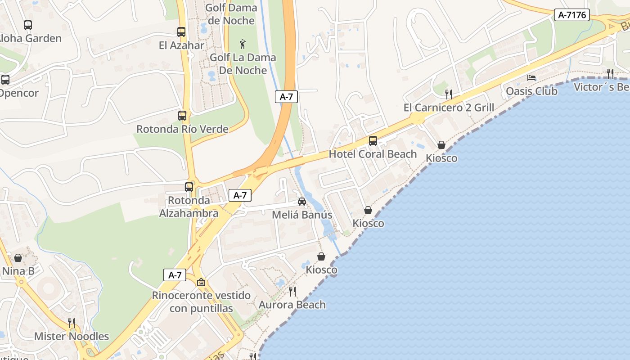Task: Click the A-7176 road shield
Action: click(x=571, y=15)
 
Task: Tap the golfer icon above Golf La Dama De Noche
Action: click(x=243, y=44)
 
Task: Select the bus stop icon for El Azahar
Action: click(x=181, y=32)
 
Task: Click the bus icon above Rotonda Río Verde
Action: click(x=182, y=116)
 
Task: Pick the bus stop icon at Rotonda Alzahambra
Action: click(x=189, y=187)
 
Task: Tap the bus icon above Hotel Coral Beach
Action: click(x=373, y=141)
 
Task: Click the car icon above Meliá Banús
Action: click(x=302, y=202)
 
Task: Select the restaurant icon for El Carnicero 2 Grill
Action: click(x=448, y=94)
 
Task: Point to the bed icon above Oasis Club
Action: click(x=531, y=78)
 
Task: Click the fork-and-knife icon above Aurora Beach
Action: click(x=292, y=292)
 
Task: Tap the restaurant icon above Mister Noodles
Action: click(x=71, y=323)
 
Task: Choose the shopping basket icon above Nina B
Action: click(x=18, y=258)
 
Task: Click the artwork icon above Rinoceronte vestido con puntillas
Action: click(x=201, y=282)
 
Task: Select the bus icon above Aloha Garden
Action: click(x=28, y=25)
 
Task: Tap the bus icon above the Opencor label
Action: click(x=5, y=80)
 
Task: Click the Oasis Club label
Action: click(x=531, y=91)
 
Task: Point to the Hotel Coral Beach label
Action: click(x=373, y=154)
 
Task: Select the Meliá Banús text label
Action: click(x=302, y=215)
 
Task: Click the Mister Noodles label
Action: click(x=72, y=337)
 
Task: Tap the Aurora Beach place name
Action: click(x=292, y=305)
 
